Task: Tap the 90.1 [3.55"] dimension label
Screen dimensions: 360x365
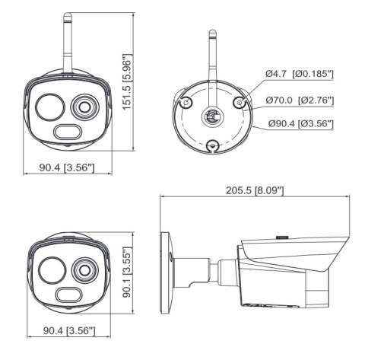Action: click(x=129, y=271)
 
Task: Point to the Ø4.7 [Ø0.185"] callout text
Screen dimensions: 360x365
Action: click(x=300, y=73)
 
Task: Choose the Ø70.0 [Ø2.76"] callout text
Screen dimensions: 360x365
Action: click(x=300, y=99)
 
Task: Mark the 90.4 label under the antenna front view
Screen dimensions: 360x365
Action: click(x=68, y=167)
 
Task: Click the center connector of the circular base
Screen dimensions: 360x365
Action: click(x=211, y=115)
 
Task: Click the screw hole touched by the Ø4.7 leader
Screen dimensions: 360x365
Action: click(x=242, y=100)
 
